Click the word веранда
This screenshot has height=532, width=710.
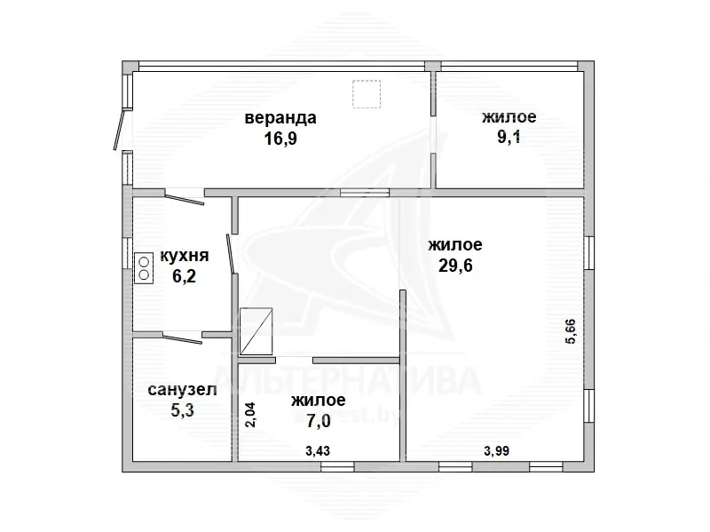coord(280,118)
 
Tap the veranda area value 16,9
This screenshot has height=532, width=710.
coord(280,139)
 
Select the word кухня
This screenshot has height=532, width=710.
coord(185,256)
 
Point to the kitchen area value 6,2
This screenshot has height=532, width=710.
coord(185,275)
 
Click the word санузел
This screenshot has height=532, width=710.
coord(183,389)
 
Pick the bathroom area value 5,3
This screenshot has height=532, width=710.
coord(183,410)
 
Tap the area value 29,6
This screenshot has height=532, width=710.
coord(455,265)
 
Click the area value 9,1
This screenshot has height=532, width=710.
coord(509,137)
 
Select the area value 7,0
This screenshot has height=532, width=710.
coord(319,421)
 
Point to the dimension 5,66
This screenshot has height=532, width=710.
coord(571,331)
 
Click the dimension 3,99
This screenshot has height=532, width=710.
coord(497,451)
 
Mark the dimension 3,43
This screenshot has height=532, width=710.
coord(318,451)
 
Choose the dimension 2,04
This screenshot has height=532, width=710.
coord(250,415)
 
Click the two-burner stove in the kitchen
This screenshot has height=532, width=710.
coord(144,268)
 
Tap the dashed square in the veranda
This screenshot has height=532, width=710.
coord(367,94)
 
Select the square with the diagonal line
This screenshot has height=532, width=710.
coord(256,331)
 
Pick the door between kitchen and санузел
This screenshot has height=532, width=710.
coord(183,339)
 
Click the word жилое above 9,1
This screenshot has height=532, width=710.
coord(509,117)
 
